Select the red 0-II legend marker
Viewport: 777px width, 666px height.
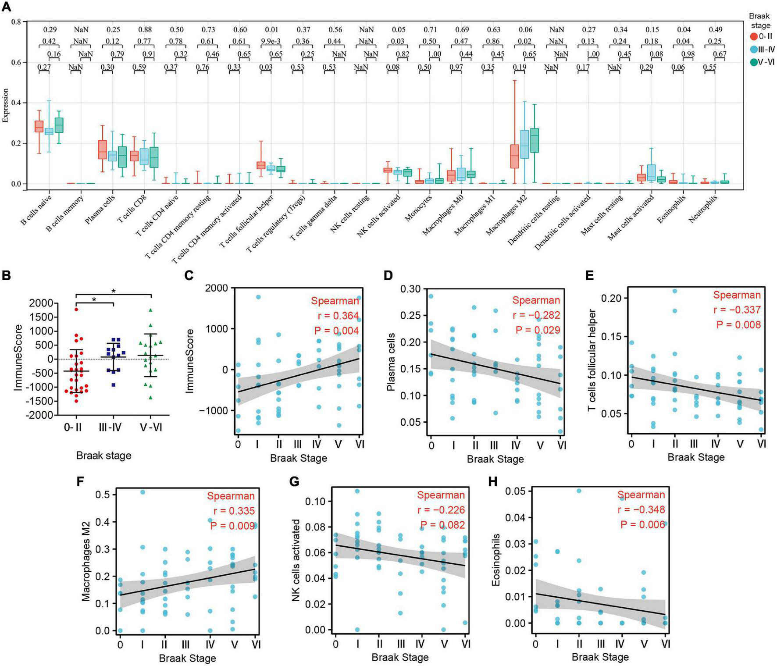754,36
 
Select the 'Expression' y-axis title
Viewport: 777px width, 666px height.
6,105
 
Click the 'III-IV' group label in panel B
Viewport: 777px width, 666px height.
113,427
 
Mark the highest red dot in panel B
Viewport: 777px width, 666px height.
76,310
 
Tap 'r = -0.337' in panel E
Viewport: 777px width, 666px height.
737,310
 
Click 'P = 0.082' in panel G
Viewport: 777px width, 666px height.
442,525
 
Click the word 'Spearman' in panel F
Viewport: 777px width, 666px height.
231,496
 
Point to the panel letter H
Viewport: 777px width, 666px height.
493,481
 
